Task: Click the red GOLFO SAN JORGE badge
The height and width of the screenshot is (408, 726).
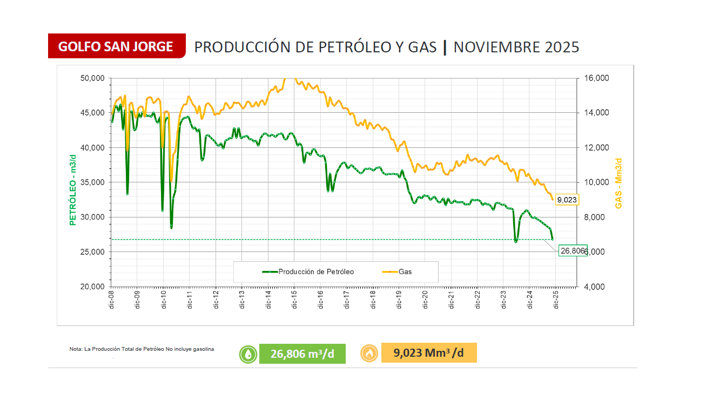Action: (x=116, y=46)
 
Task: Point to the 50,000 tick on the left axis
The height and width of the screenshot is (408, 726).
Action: (x=92, y=78)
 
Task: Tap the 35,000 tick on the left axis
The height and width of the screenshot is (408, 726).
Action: (x=92, y=182)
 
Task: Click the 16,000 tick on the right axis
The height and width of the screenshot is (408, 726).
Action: (x=596, y=78)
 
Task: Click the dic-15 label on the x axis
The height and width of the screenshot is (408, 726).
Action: (x=294, y=300)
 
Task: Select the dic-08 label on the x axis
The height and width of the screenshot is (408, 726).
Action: (x=111, y=300)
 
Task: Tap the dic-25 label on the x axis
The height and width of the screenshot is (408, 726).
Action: (x=556, y=300)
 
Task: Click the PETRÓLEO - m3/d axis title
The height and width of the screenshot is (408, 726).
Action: (x=72, y=182)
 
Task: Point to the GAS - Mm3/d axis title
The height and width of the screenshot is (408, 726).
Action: (x=619, y=182)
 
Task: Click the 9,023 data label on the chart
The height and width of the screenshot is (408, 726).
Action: (x=567, y=200)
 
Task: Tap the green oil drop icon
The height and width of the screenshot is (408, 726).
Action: (x=248, y=354)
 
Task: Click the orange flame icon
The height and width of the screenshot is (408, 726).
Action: (x=369, y=353)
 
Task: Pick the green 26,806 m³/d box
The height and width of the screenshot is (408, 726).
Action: (x=302, y=354)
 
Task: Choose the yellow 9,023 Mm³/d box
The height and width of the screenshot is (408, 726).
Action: (x=429, y=353)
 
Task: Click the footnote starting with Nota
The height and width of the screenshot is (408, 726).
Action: (x=142, y=349)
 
